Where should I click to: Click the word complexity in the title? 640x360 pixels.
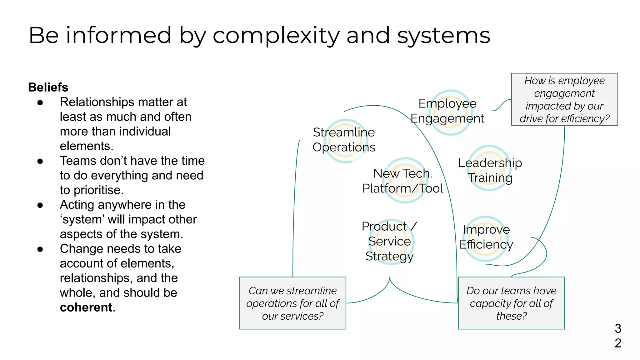[276, 35]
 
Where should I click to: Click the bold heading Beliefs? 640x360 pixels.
[48, 87]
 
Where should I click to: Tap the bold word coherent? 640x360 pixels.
[86, 307]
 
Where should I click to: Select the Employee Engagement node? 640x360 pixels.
[447, 111]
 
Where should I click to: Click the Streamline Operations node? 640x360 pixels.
[344, 140]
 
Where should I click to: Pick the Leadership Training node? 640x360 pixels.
[490, 170]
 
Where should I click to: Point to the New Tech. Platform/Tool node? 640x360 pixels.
[403, 181]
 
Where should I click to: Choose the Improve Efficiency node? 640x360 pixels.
[486, 237]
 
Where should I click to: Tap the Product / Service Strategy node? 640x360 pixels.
[389, 241]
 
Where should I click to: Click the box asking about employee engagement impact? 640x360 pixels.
[564, 99]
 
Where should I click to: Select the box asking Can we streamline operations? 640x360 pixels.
[292, 303]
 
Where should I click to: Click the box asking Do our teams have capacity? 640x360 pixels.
[511, 303]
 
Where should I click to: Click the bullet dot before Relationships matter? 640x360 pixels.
[40, 102]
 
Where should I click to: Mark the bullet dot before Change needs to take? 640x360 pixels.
[40, 249]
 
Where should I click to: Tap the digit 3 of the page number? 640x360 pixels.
[618, 328]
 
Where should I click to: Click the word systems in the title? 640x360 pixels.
[443, 35]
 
